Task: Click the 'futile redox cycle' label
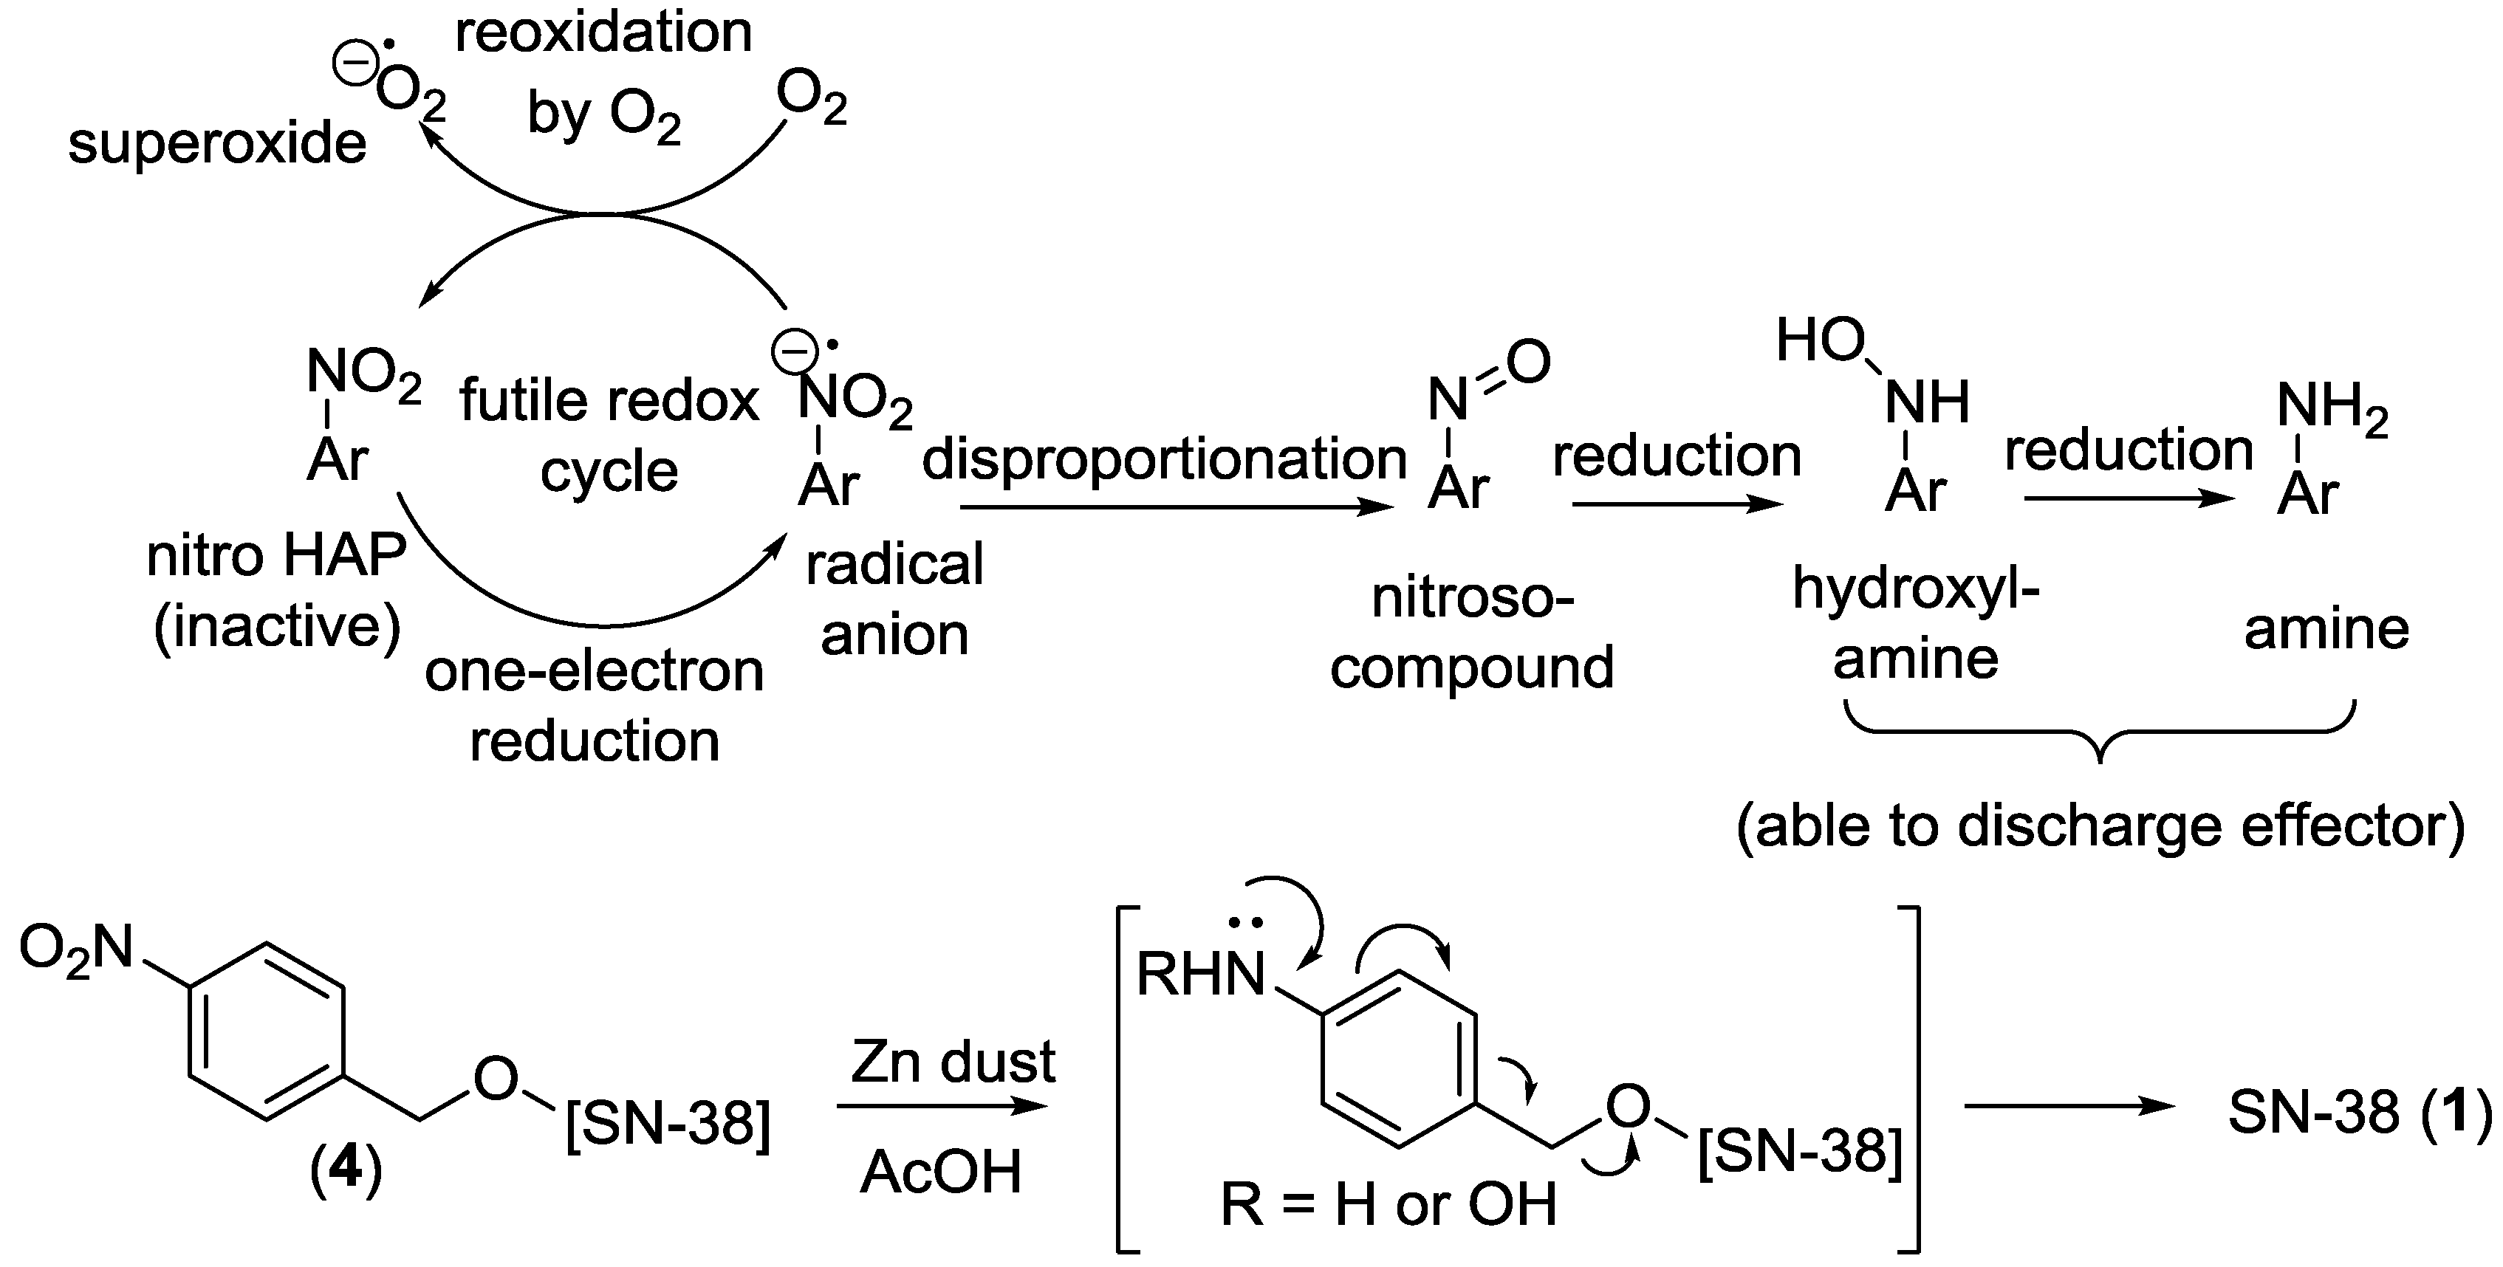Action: (609, 436)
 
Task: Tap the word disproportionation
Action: (1164, 459)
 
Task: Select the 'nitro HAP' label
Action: (277, 557)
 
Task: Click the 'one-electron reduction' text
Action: (595, 705)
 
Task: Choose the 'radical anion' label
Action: (895, 600)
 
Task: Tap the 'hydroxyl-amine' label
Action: (1915, 624)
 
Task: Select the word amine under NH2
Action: (2326, 630)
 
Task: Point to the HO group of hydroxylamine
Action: (1820, 341)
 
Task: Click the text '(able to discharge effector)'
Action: (2100, 827)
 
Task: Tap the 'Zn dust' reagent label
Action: (952, 1062)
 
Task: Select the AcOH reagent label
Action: (941, 1172)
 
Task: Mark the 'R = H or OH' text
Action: (1389, 1205)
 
